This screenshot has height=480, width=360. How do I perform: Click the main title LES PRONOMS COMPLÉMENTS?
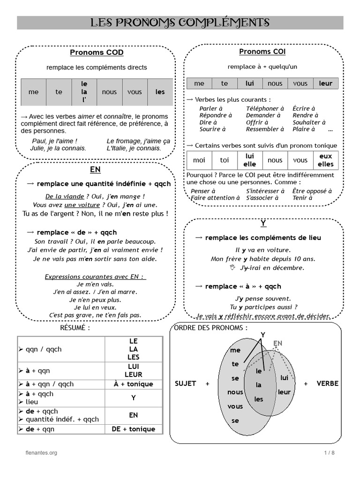point(180,22)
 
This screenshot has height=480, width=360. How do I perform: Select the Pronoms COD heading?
point(97,52)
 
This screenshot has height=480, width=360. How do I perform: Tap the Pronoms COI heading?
point(262,52)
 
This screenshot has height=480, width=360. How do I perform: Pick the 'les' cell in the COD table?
point(160,92)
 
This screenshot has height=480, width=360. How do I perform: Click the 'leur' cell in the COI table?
point(325,83)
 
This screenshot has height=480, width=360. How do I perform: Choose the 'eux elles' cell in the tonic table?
point(326,160)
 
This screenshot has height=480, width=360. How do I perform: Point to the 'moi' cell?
point(199,160)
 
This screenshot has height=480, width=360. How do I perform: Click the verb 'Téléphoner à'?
point(265,108)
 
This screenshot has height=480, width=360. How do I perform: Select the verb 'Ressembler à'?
point(265,129)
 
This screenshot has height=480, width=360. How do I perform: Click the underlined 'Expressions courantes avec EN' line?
point(95,277)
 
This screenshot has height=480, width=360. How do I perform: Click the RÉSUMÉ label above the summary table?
point(75,328)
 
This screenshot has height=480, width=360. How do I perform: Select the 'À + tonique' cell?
point(133,384)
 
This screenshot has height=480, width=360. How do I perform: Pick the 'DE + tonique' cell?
point(133,429)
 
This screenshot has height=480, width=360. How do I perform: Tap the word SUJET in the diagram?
point(185,383)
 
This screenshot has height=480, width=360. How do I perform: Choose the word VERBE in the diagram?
point(327,383)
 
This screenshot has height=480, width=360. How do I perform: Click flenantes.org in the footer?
point(41,452)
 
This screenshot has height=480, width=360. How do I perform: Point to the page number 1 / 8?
point(329,452)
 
